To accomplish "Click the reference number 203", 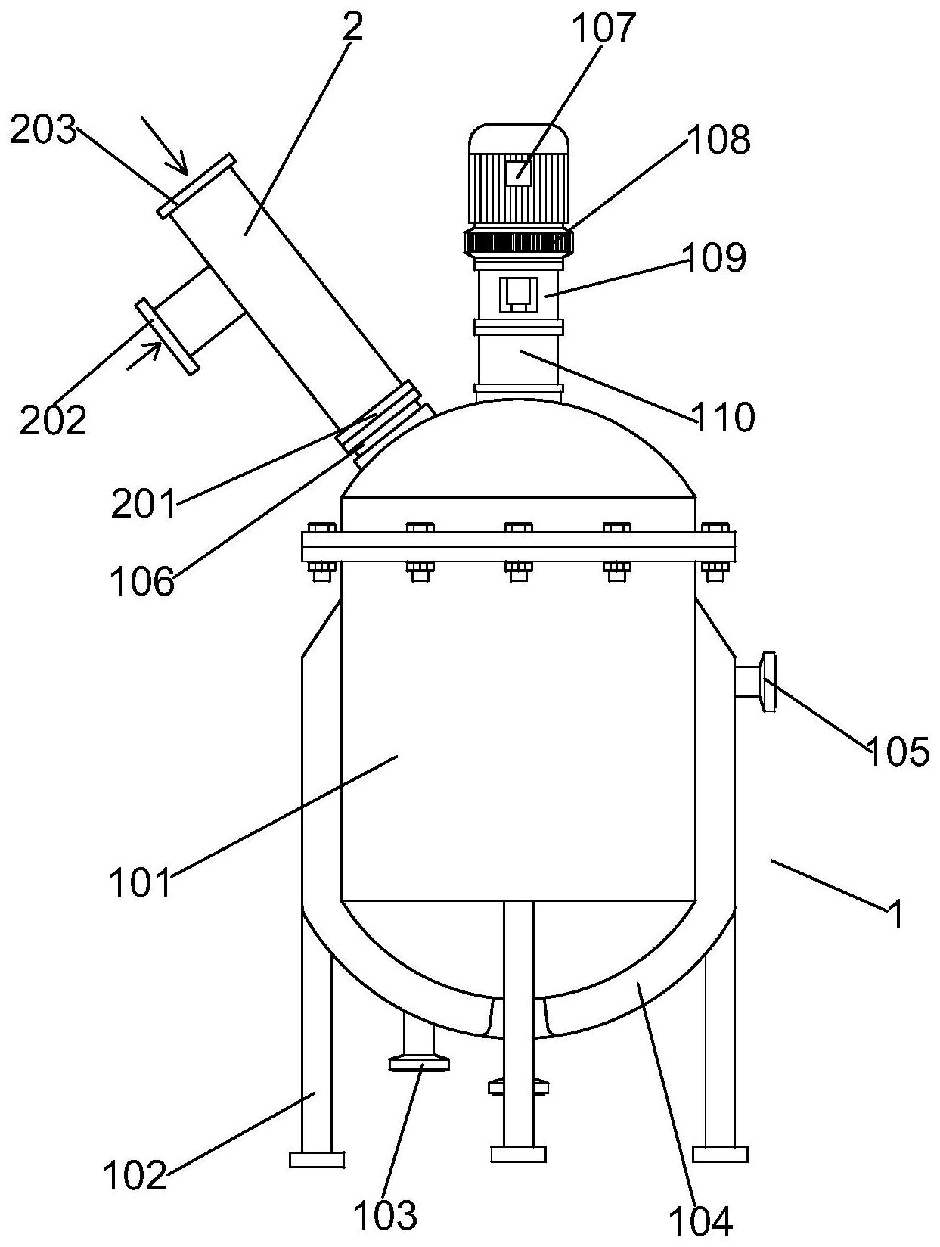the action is tap(43, 130).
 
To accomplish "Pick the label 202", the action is tap(53, 420).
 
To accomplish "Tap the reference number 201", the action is tap(144, 503).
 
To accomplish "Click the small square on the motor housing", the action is tap(518, 172).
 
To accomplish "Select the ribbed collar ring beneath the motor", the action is tap(518, 241).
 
